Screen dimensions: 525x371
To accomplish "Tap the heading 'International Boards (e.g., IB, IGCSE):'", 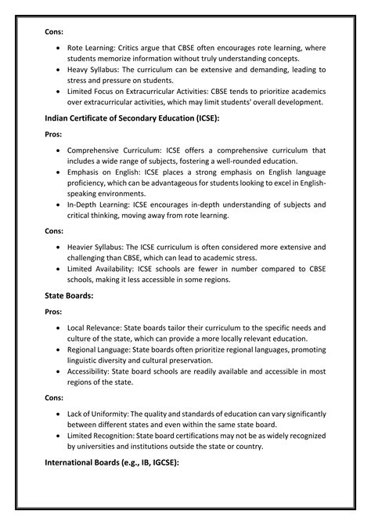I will [113, 463].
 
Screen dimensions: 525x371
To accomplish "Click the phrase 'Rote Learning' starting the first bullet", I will [92, 49].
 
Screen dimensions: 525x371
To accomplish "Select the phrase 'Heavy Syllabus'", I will [95, 69].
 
